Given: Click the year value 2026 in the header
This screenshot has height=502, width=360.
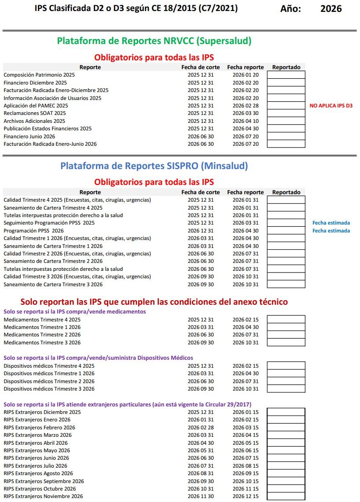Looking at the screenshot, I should [331, 8].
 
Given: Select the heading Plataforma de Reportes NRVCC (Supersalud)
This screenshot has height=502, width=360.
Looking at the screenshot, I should [154, 41].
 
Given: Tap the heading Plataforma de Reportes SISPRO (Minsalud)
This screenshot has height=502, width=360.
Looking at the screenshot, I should [154, 166].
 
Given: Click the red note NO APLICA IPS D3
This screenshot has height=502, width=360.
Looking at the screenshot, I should [331, 106].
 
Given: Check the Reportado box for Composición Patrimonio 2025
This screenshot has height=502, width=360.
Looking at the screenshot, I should [286, 75].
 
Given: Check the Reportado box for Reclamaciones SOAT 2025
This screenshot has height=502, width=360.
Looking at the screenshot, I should [286, 113].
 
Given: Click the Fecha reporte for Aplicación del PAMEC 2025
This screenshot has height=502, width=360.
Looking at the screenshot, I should [246, 106].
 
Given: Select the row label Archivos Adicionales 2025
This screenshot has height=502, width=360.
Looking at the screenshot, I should [34, 121].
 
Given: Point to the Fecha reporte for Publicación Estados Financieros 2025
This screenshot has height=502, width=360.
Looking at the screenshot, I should [246, 129].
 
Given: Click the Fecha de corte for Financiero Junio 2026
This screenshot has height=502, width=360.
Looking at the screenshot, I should [201, 137].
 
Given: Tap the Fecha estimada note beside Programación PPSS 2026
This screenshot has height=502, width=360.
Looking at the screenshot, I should [331, 231].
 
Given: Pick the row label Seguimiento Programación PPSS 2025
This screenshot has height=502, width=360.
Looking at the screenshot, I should [49, 223].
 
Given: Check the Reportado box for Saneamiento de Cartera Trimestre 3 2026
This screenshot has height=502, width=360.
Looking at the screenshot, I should [286, 284].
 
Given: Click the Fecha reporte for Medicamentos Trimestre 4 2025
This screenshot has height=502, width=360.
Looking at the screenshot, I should [246, 320].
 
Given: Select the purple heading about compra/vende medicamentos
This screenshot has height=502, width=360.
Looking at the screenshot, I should [75, 312].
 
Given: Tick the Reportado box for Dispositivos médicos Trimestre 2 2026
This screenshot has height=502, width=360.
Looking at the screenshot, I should [286, 381].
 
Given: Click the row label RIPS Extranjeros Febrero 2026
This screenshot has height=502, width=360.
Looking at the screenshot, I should [40, 428].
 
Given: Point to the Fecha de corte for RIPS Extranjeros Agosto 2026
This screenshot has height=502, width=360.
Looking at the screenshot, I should [201, 473].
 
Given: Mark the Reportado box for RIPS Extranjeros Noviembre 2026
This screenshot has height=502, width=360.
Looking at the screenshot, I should [286, 497].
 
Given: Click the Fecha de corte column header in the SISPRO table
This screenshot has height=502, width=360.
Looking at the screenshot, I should [201, 192].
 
